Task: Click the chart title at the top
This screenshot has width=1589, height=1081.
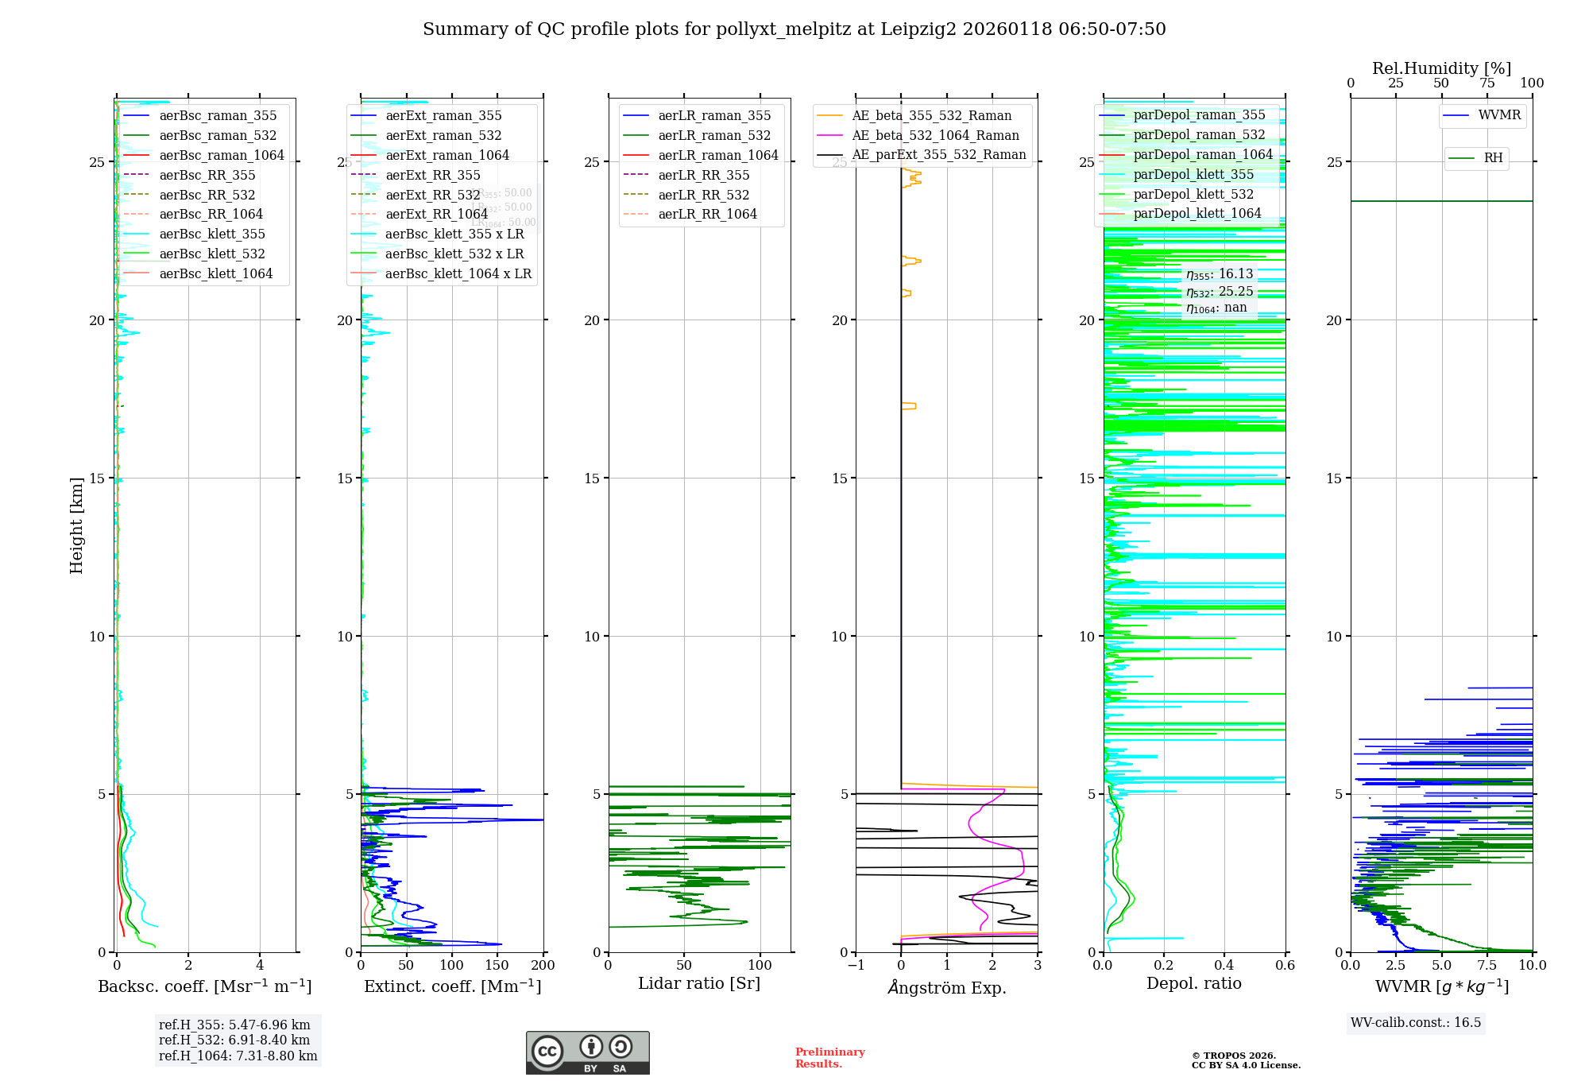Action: coord(794,29)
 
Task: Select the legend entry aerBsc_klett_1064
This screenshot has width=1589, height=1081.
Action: coord(215,273)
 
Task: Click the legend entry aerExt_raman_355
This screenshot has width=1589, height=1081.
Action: coord(443,116)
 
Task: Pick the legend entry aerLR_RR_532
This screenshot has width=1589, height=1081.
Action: coord(703,195)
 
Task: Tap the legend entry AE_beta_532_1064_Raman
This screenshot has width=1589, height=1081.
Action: coord(935,135)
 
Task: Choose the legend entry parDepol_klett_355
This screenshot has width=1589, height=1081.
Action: coord(1193,175)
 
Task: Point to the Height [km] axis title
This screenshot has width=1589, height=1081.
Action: coord(76,525)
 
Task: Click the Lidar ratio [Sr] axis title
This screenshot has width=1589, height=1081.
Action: coord(699,984)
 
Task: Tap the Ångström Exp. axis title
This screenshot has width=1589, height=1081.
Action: coord(947,987)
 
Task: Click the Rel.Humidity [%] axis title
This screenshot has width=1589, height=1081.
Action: coord(1441,68)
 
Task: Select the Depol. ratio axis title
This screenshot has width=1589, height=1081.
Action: coord(1193,984)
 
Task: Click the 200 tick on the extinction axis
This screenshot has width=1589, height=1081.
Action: coord(543,966)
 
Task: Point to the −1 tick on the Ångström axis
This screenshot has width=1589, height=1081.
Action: coord(856,966)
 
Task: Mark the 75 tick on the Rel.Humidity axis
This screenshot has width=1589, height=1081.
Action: coord(1487,83)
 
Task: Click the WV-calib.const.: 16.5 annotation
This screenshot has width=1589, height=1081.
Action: coord(1416,1022)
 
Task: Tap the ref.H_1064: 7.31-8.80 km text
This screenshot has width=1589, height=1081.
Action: coord(238,1056)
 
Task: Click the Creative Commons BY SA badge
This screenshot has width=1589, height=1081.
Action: coord(587,1052)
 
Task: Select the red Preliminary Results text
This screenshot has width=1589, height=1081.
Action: coord(829,1058)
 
